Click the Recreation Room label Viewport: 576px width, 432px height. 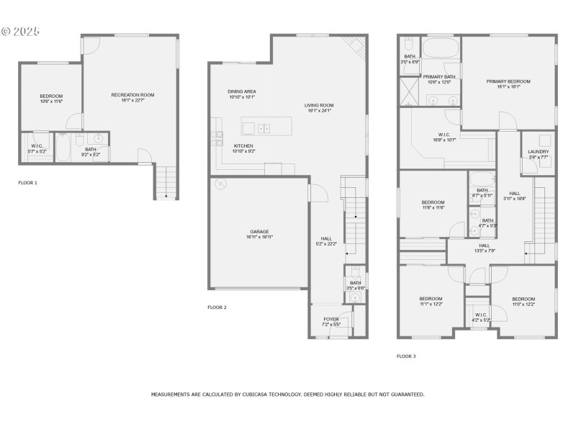point(132,95)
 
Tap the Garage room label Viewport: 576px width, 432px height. point(259,231)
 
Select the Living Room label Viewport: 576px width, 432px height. point(320,105)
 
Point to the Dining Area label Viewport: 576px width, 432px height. point(242,91)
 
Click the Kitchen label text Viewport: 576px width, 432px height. point(243,145)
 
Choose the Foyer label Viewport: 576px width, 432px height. point(330,319)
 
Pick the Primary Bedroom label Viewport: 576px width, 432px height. point(508,81)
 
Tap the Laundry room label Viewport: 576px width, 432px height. point(539,152)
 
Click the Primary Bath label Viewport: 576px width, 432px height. point(438,76)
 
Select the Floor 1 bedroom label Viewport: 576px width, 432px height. point(51,96)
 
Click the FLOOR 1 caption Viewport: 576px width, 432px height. point(28,183)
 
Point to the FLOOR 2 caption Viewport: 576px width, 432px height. point(217,307)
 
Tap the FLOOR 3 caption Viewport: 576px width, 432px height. point(406,356)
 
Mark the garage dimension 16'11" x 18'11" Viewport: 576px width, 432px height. point(259,237)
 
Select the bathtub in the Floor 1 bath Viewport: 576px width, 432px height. point(63,149)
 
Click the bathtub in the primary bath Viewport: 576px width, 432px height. point(441,49)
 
